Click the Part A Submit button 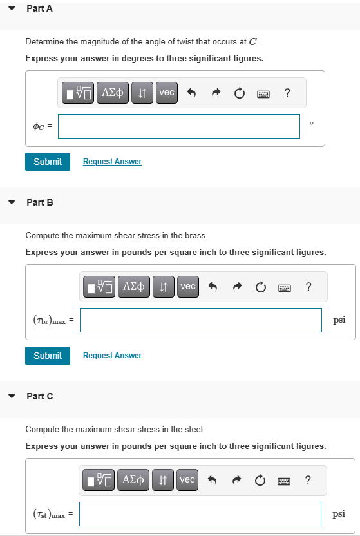(x=48, y=162)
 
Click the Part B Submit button (x=48, y=356)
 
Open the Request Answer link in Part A (x=112, y=162)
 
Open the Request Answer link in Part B (x=112, y=356)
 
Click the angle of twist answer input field (x=179, y=126)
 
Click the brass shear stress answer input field (x=200, y=320)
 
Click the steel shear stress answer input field (x=200, y=514)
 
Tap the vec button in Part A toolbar (x=166, y=93)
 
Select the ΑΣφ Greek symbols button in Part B (x=133, y=286)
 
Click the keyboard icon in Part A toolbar (x=263, y=93)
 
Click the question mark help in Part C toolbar (x=308, y=480)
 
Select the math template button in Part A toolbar (x=79, y=93)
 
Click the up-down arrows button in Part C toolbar (x=163, y=480)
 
